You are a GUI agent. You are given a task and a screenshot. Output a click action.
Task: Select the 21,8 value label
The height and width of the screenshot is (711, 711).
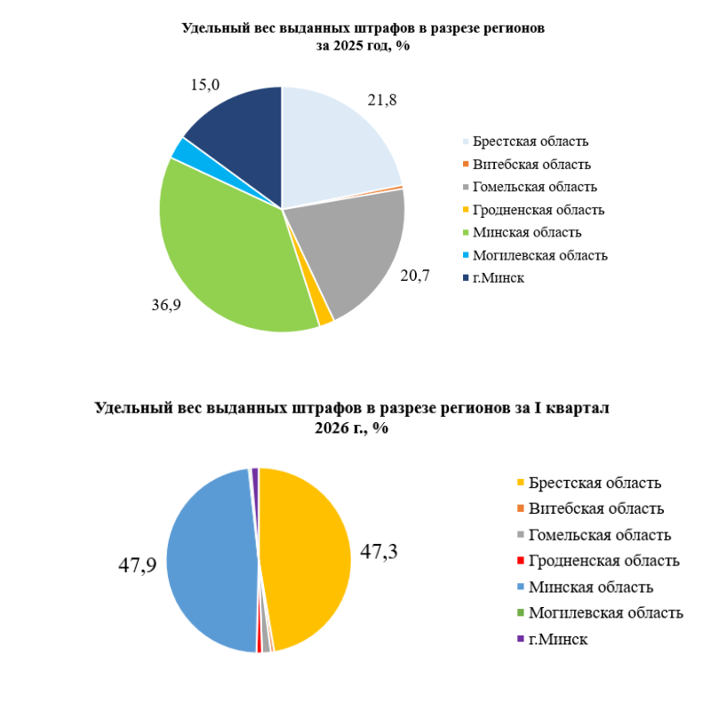[381, 100]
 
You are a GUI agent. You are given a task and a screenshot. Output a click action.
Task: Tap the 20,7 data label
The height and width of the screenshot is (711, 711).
[415, 276]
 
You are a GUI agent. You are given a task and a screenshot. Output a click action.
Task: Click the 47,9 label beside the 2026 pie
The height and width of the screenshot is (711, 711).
[138, 564]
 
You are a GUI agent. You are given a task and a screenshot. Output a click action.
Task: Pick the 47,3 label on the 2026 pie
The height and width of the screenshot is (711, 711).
[379, 551]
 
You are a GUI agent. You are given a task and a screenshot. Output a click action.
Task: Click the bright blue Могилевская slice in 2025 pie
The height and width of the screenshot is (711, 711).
[182, 149]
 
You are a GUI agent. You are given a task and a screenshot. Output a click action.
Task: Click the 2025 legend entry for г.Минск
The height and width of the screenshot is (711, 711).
[499, 279]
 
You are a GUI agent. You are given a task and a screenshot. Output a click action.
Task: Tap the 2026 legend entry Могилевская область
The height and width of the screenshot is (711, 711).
[605, 613]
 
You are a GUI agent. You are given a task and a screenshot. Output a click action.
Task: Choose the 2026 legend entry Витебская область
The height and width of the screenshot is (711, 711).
[595, 509]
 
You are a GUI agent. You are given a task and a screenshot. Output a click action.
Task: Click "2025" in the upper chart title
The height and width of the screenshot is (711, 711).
[349, 47]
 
